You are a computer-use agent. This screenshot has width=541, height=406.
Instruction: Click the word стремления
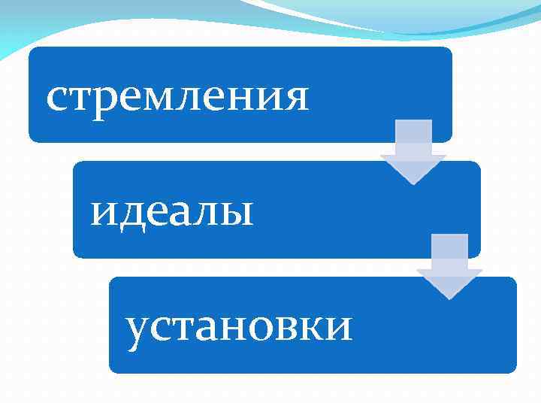177,97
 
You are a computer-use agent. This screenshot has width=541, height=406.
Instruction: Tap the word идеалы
172,212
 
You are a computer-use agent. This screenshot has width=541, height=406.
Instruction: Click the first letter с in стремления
56,98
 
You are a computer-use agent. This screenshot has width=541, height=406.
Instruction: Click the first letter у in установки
138,331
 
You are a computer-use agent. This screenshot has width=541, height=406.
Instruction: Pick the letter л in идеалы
207,213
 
